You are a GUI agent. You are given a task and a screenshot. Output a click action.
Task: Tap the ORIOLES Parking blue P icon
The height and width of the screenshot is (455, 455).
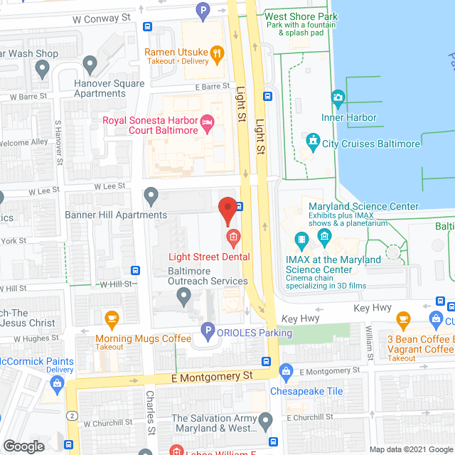(207, 330)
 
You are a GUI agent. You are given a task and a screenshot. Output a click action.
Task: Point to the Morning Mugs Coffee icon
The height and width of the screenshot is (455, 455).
(111, 317)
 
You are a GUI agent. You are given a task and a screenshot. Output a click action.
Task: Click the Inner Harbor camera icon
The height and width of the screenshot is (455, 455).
(338, 97)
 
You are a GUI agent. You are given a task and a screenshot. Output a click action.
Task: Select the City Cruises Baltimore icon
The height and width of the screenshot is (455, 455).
(311, 141)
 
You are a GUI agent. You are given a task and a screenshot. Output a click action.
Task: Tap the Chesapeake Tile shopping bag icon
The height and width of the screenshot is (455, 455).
(286, 370)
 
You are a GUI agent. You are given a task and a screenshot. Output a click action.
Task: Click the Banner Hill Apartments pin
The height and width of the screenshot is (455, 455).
(151, 195)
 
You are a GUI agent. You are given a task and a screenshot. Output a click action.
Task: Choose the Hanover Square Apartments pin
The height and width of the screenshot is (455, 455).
(90, 65)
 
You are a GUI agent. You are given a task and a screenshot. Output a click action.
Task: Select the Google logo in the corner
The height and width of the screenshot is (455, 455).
(24, 446)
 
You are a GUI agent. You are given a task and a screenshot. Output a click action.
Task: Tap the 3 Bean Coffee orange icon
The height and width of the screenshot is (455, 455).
(403, 317)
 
